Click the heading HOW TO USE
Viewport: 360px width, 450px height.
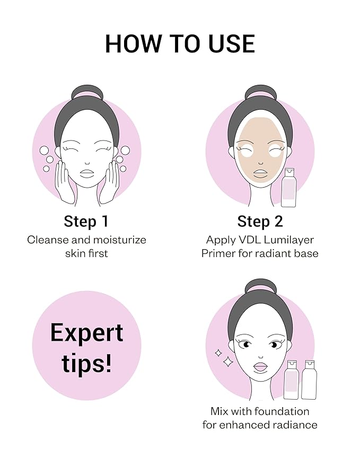[x=180, y=43]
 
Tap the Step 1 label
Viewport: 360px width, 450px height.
[x=86, y=221]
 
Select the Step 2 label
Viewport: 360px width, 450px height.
[x=260, y=221]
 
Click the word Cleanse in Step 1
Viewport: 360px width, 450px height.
[x=47, y=240]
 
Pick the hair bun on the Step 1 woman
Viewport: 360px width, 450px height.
[x=86, y=91]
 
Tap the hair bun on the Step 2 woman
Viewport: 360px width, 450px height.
[x=260, y=91]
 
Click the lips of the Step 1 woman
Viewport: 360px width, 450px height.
[x=86, y=172]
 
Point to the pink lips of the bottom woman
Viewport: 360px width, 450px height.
[x=260, y=366]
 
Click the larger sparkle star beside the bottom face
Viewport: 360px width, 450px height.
[x=229, y=362]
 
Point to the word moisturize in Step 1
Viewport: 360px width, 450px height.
[x=117, y=240]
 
